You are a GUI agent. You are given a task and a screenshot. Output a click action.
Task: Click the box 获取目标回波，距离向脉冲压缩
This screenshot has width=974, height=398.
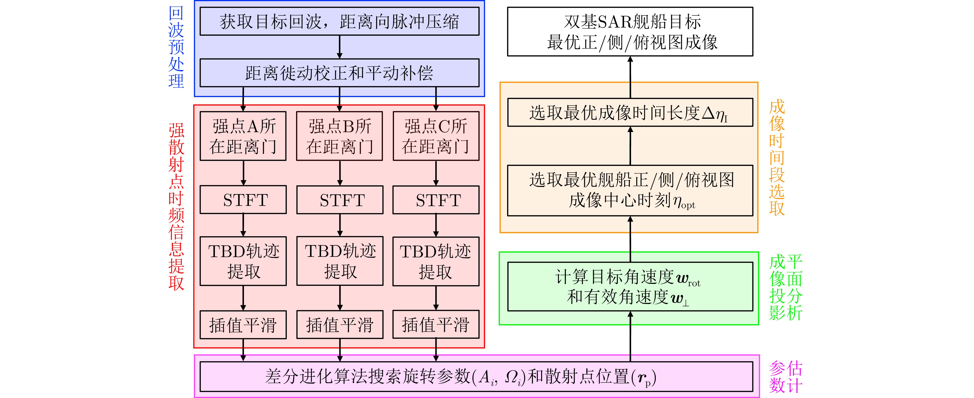[x=339, y=22]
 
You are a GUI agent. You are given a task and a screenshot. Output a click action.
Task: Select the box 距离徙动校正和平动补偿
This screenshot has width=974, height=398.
[x=339, y=73]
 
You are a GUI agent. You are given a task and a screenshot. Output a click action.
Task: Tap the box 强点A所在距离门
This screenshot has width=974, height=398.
[x=243, y=136]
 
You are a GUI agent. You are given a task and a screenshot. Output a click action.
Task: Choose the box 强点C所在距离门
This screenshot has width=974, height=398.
[x=436, y=136]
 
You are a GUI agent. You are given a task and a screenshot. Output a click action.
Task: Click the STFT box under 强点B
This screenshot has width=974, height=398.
[x=340, y=200]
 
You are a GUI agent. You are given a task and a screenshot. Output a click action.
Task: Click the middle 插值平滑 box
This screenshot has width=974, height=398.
[x=340, y=325]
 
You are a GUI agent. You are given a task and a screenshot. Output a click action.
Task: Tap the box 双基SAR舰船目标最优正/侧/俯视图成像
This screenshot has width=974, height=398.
[x=630, y=32]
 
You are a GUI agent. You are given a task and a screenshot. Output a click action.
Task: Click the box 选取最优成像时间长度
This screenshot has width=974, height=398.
[x=630, y=113]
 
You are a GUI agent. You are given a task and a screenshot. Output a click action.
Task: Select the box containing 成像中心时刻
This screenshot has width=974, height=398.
[x=630, y=190]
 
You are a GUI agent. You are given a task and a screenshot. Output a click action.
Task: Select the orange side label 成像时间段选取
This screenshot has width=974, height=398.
[x=777, y=157]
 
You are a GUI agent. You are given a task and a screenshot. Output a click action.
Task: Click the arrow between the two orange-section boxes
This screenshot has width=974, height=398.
[x=630, y=146]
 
